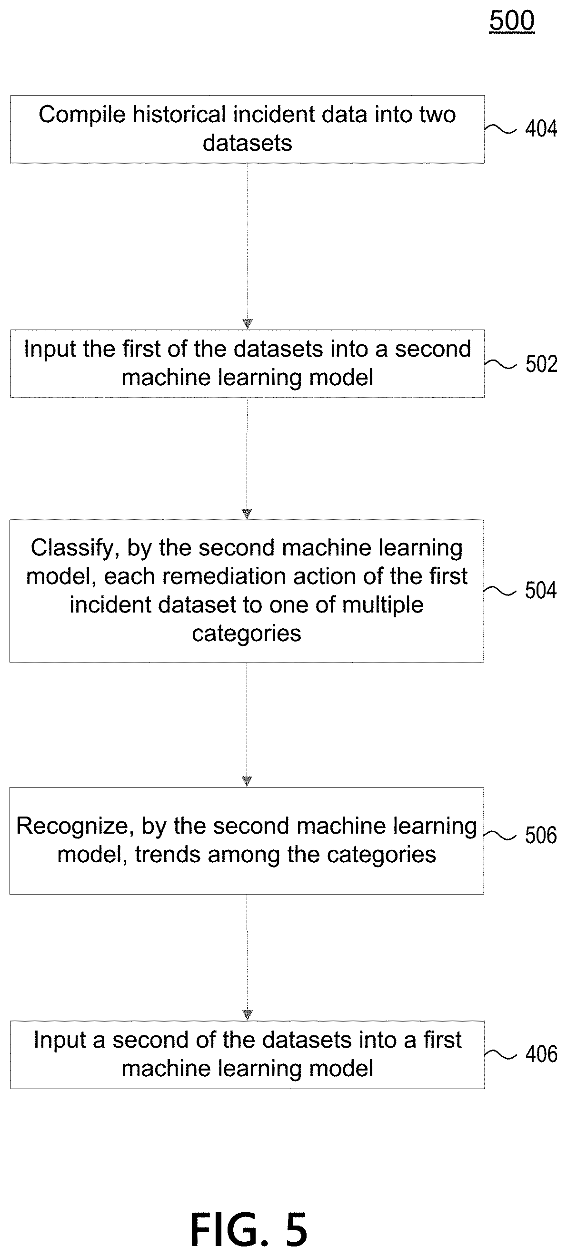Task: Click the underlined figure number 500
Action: tap(512, 21)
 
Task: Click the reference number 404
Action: tap(541, 129)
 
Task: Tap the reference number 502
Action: tap(541, 364)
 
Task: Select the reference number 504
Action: tap(541, 590)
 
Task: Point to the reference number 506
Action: tap(541, 835)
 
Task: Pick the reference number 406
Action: tap(541, 1054)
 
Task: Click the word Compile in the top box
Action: tap(82, 115)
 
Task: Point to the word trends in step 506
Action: tap(165, 854)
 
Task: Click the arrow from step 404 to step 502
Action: tap(248, 246)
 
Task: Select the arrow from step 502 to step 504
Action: tap(247, 458)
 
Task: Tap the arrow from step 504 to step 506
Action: tap(247, 724)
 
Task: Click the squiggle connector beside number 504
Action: tap(500, 591)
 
